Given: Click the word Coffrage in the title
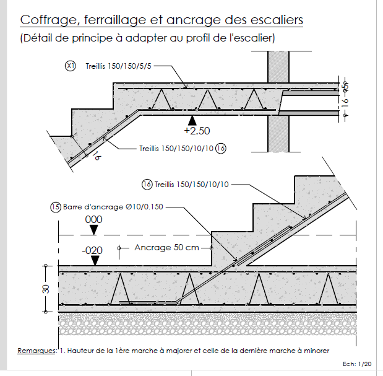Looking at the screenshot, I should (x=45, y=20).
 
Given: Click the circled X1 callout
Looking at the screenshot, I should (x=71, y=65).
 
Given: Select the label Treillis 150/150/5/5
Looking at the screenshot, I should (x=119, y=65).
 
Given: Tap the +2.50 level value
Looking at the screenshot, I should (x=197, y=131).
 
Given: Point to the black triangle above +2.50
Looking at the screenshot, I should (x=193, y=119).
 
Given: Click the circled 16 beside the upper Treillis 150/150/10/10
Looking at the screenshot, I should (x=221, y=149).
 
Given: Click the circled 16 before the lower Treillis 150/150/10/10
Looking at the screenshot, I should (x=147, y=184).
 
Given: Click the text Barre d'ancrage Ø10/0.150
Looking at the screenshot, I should (x=113, y=206).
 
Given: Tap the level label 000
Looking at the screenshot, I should (x=93, y=219).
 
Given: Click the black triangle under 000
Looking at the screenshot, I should (x=93, y=230).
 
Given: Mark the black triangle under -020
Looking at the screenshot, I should (x=93, y=261).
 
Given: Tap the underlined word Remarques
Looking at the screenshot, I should (x=37, y=350).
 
